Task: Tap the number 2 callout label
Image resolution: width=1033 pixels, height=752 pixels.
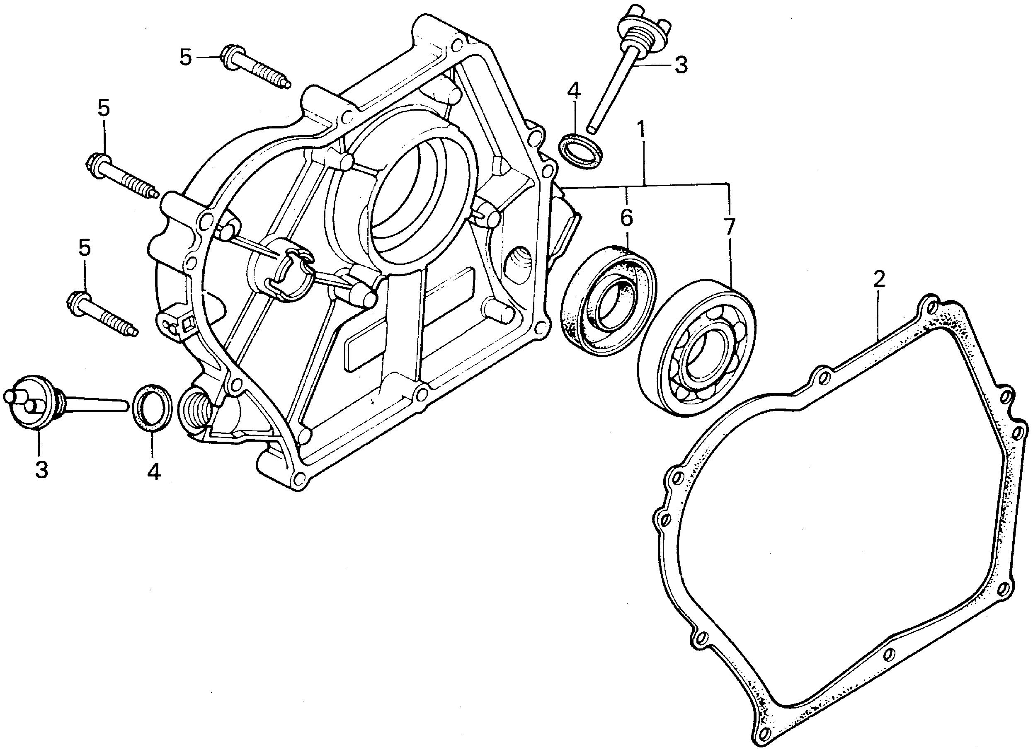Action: click(879, 278)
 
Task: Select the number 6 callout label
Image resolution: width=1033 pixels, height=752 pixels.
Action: click(627, 218)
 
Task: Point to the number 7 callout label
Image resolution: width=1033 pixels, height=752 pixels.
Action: click(729, 226)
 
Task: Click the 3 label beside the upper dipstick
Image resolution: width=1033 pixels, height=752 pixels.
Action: click(681, 66)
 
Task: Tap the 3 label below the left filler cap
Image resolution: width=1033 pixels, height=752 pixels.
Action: click(41, 469)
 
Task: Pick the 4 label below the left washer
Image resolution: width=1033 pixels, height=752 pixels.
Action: click(153, 472)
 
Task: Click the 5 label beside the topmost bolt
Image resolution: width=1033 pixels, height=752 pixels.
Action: click(185, 58)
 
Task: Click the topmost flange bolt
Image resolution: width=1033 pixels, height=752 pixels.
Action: click(255, 70)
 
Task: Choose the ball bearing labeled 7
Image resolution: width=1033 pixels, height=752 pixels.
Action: click(697, 348)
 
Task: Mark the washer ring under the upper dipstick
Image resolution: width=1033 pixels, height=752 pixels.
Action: click(581, 151)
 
